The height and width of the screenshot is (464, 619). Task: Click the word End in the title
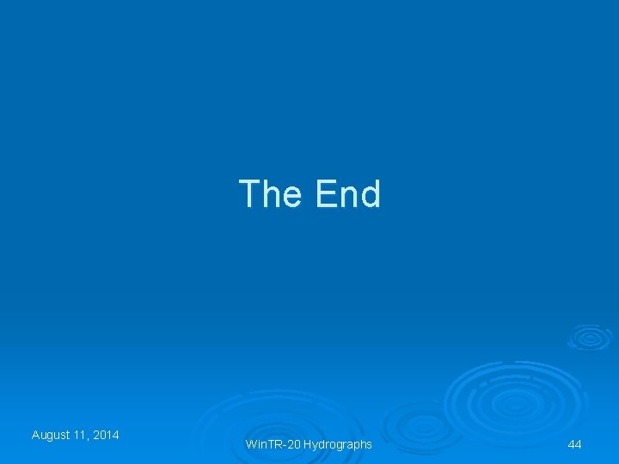tap(347, 194)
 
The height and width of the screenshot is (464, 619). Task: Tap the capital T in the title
tap(248, 194)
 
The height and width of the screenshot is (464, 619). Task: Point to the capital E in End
tap(325, 194)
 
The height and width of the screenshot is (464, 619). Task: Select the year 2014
tap(107, 435)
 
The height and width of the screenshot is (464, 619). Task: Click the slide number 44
tap(575, 444)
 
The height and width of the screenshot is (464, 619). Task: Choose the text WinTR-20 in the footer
tap(273, 444)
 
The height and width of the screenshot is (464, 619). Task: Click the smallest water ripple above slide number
tap(590, 336)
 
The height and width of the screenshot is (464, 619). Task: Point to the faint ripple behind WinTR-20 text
tap(258, 430)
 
